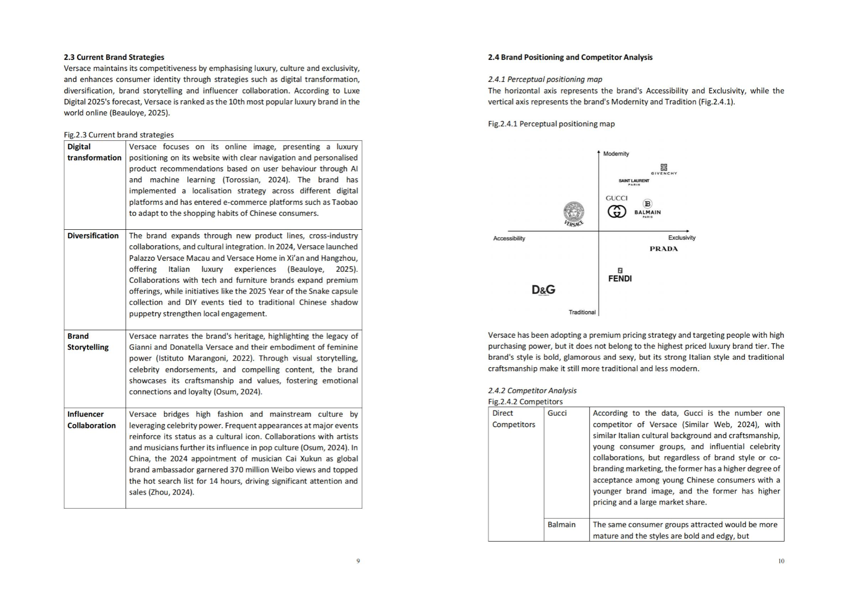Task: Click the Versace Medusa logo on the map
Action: [574, 214]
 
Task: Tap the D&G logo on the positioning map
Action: [543, 290]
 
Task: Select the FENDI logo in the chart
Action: [620, 275]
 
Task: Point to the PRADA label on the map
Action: [663, 249]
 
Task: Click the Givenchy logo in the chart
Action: [664, 170]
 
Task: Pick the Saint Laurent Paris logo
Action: [634, 182]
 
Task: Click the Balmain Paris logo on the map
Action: [647, 209]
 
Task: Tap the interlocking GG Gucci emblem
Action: [617, 212]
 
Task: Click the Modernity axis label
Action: [616, 154]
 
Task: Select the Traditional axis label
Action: [582, 312]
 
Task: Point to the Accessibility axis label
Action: [509, 238]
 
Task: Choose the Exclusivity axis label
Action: [681, 238]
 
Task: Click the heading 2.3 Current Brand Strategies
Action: [114, 57]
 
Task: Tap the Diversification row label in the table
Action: [93, 236]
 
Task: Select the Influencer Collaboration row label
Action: [91, 420]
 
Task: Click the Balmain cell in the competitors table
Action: [561, 525]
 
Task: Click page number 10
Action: [781, 561]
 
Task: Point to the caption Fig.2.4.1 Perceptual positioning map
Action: [551, 124]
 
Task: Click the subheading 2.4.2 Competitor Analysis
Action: [532, 391]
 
